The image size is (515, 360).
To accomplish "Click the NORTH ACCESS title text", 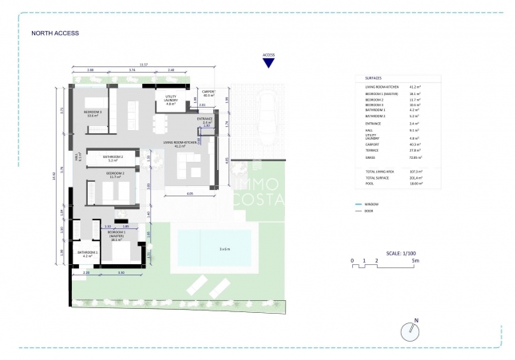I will click(55, 34).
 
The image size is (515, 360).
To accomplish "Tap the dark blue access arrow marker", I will click(268, 64).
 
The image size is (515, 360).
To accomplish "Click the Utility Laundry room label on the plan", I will click(170, 101).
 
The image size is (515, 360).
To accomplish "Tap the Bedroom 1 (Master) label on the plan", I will click(117, 235).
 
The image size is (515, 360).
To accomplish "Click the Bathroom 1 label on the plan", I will click(87, 254).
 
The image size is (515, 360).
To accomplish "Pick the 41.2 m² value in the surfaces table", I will click(414, 88).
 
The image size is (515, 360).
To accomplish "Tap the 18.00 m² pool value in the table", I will click(415, 183).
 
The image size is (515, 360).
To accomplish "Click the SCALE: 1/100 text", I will click(397, 252).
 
